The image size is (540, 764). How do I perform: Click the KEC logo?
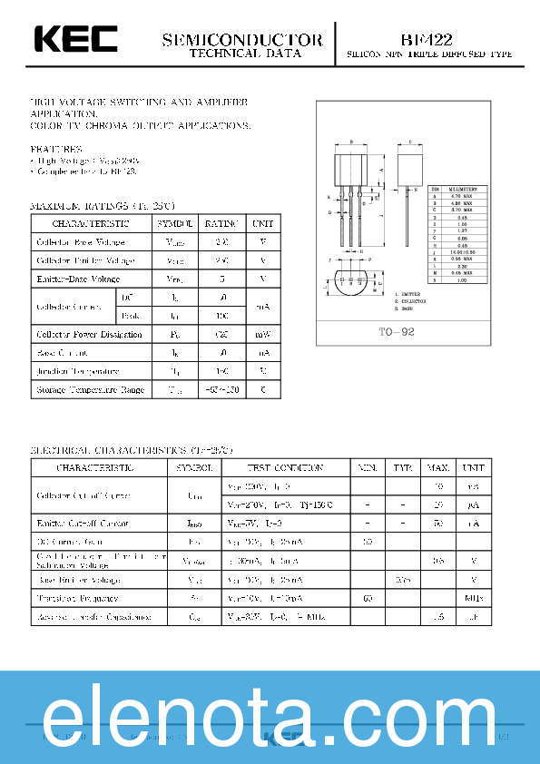point(75,40)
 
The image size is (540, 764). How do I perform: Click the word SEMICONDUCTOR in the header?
point(242,40)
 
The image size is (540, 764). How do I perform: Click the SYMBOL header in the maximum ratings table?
point(174,223)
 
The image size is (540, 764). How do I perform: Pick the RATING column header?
point(221,223)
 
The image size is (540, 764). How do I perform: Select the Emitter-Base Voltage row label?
point(78,279)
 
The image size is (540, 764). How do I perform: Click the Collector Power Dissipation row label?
point(89,334)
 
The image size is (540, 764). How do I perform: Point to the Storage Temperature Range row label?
point(90,389)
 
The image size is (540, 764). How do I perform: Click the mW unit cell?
point(262,334)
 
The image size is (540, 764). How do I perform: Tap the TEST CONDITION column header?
point(285,467)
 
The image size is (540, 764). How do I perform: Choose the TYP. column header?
point(403,467)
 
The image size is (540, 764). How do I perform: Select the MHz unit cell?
point(473,598)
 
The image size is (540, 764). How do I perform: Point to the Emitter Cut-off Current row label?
point(83,524)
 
